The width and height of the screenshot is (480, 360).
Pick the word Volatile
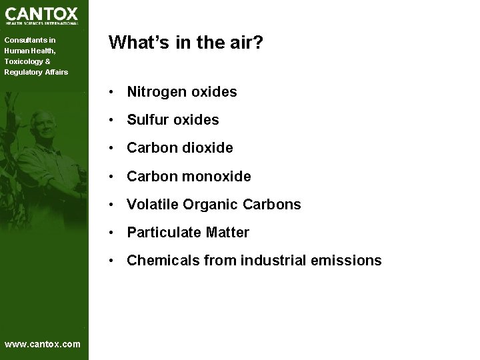click(149, 205)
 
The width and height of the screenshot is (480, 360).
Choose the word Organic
click(201, 205)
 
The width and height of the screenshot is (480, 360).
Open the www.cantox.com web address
click(42, 344)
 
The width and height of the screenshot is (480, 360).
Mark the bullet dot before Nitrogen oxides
click(115, 92)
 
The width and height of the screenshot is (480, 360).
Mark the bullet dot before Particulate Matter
click(115, 233)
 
